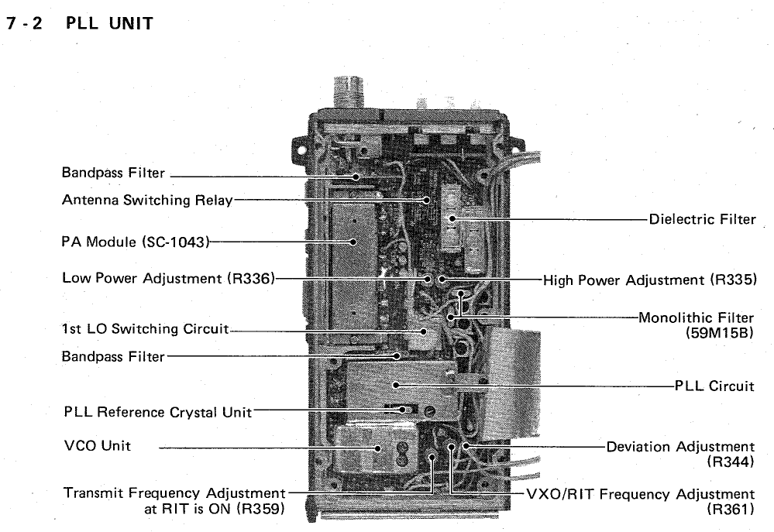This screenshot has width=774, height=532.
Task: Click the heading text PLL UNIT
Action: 109,23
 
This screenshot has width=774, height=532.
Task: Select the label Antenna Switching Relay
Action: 147,200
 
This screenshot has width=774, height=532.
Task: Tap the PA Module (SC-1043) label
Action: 136,242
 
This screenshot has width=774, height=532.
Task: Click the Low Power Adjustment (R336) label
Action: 168,278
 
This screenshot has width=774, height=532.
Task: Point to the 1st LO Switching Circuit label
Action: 146,328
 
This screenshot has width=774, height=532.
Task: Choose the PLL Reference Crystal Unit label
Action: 158,412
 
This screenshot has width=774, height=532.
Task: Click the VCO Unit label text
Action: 98,445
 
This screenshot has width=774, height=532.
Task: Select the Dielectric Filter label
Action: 702,219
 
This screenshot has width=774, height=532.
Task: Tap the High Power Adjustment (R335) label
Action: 649,280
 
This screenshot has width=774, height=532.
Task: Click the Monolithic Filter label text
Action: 696,317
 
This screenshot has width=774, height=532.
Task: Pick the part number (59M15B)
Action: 719,333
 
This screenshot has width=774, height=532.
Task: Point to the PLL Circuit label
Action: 714,386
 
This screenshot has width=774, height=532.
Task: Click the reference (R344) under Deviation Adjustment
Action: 731,462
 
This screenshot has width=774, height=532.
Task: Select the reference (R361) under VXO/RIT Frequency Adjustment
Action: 731,509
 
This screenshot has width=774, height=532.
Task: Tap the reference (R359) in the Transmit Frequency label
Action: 260,508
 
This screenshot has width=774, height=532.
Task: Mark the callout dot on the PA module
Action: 353,242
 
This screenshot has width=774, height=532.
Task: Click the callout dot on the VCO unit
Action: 378,448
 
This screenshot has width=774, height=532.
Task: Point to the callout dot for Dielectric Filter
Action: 452,218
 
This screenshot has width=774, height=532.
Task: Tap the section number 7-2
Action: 25,23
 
